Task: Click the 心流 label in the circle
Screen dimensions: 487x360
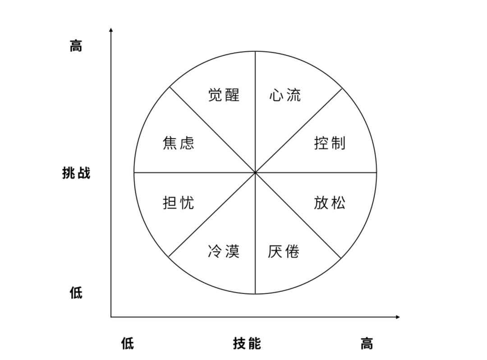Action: click(x=285, y=95)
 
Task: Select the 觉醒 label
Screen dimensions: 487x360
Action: click(x=224, y=95)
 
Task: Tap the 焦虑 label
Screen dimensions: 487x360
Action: click(x=179, y=143)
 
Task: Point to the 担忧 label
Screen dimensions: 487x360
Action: click(x=179, y=203)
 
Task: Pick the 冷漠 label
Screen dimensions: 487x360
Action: click(x=224, y=251)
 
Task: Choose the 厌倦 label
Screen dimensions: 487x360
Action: click(x=284, y=251)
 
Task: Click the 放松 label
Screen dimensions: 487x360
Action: click(x=330, y=203)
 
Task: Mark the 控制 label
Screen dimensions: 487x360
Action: click(x=330, y=143)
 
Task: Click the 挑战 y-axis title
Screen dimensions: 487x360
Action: click(x=76, y=173)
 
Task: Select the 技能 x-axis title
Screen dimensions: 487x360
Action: click(x=247, y=344)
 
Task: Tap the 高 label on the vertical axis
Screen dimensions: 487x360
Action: click(x=76, y=46)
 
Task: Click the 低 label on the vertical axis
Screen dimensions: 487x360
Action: click(x=76, y=293)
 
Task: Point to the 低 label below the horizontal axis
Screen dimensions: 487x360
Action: click(x=128, y=344)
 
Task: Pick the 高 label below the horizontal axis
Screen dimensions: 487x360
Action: click(x=367, y=344)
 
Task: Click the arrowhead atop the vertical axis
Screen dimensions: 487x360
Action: click(x=111, y=29)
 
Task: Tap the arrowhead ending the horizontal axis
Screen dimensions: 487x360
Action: click(x=398, y=317)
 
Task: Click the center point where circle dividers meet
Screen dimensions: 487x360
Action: click(x=255, y=172)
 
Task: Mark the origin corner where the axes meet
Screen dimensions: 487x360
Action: click(x=111, y=317)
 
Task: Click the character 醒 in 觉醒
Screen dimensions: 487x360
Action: click(x=232, y=95)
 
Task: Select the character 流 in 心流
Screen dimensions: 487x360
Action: click(x=294, y=95)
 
